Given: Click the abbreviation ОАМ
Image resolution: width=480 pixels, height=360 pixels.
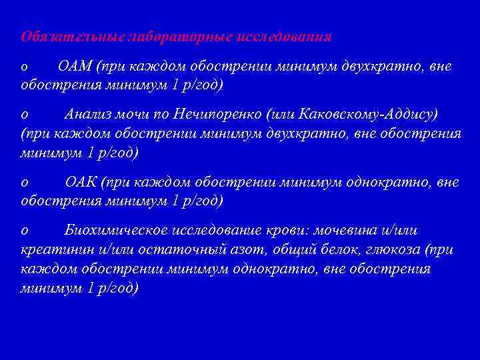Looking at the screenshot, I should click(x=75, y=67).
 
